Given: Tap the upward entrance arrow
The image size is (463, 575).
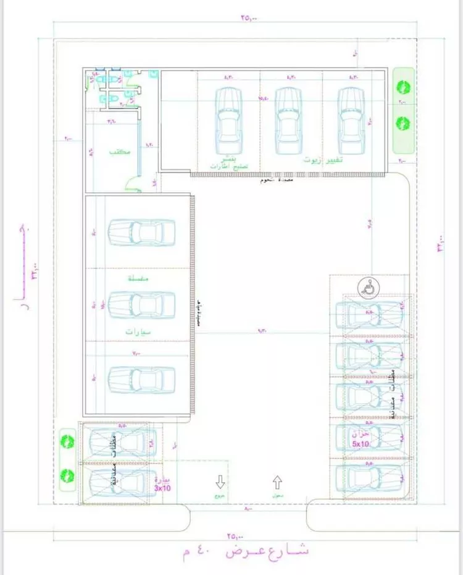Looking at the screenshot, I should (x=277, y=480).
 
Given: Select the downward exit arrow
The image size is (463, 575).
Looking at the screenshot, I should (x=219, y=480).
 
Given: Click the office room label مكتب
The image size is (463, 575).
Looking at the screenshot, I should (x=119, y=151).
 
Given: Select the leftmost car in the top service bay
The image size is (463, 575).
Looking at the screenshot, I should (x=227, y=121).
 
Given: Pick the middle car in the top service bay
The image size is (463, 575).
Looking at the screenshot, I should (x=288, y=121).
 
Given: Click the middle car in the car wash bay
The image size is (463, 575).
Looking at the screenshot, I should (x=141, y=305).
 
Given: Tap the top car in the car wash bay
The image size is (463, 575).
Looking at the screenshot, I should (x=141, y=232).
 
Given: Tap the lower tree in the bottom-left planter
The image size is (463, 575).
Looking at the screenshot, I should (x=67, y=475).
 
